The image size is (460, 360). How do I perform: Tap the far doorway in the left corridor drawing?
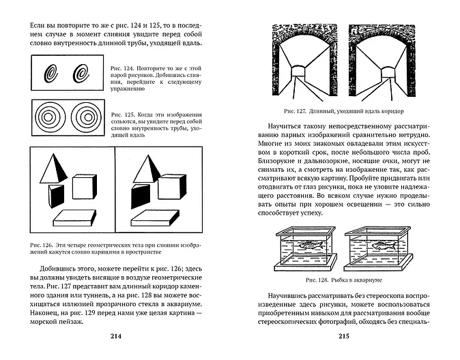pyautogui.click(x=299, y=70)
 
